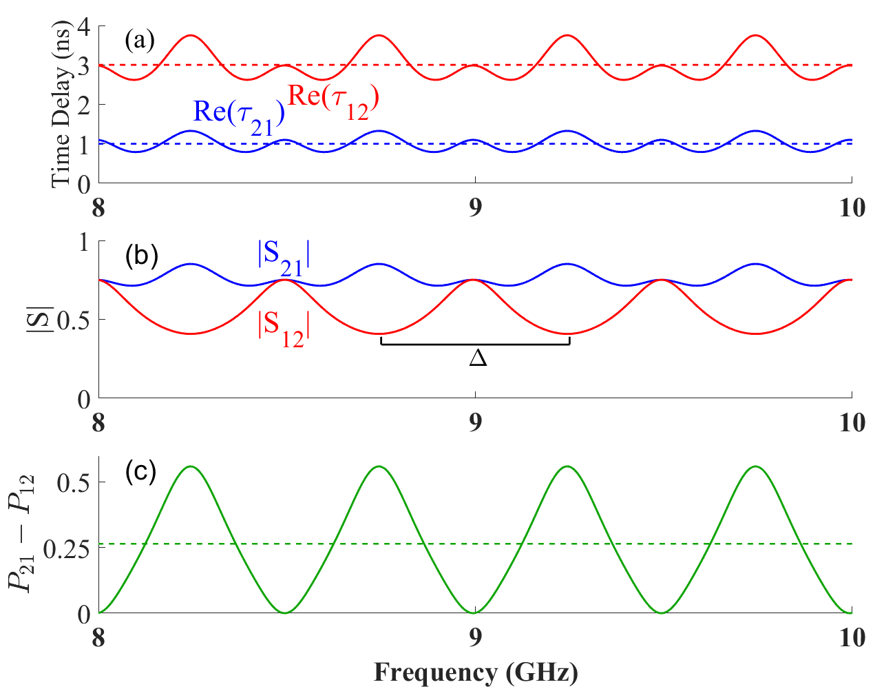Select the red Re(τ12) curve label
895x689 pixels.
tap(334, 99)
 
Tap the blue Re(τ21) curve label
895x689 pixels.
tap(239, 113)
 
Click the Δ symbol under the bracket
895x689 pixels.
tap(478, 359)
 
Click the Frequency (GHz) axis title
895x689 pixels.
tap(475, 671)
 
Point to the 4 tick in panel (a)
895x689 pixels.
tap(84, 27)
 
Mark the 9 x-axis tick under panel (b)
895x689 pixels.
tap(475, 422)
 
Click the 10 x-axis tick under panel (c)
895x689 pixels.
tap(852, 637)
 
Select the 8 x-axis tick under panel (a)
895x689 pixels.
tap(99, 207)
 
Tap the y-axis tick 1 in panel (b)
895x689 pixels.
tap(84, 243)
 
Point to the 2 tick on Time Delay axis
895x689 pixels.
tap(84, 105)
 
